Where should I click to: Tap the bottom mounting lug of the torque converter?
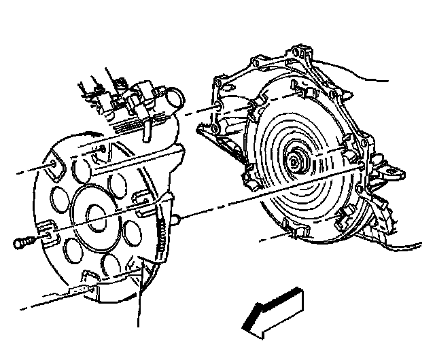click(x=294, y=234)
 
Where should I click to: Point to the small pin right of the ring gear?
click(x=175, y=219)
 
